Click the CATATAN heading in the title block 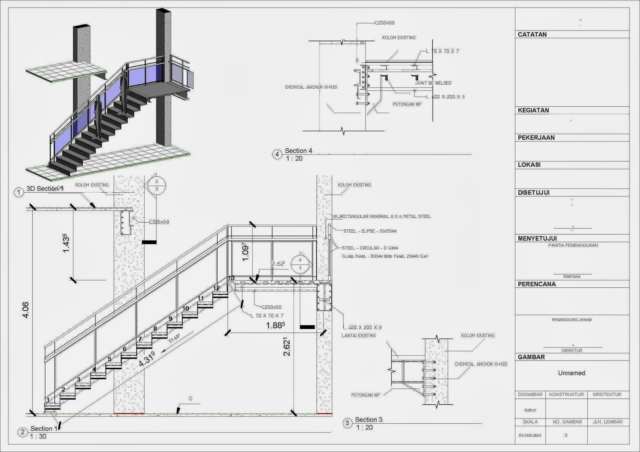pos(532,34)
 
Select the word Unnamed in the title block pos(572,373)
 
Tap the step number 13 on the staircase pos(231,278)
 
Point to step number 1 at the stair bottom pos(48,400)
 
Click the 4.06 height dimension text pos(26,310)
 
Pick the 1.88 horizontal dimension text pos(276,325)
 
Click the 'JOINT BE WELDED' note pos(433,83)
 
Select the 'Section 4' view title pos(298,151)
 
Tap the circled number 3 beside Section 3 pos(347,423)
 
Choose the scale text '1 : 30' pos(38,436)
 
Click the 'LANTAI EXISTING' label pos(358,335)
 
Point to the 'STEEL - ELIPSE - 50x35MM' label pos(370,231)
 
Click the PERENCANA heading pos(536,284)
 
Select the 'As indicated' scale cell pos(530,435)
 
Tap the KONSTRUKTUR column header pos(566,394)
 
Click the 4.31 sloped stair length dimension pos(147,359)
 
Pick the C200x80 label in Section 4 pos(384,23)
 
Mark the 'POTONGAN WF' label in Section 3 pos(366,395)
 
